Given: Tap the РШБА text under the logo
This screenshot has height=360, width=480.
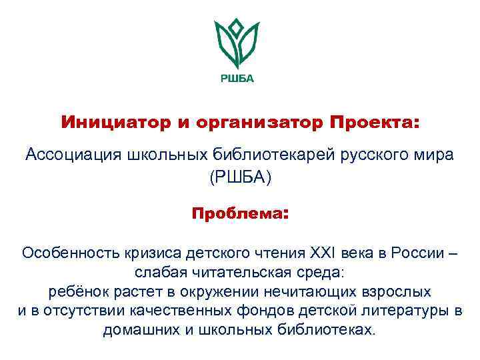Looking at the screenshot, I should pos(237,78).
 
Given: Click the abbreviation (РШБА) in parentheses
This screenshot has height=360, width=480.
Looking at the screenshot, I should pos(241,178).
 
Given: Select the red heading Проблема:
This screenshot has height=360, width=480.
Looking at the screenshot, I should pos(240,215).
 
